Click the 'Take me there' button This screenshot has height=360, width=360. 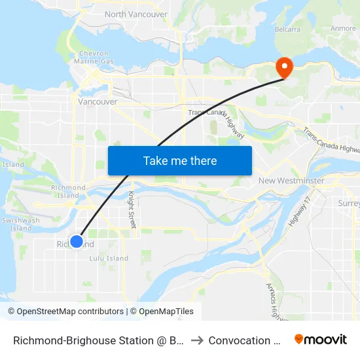(180, 161)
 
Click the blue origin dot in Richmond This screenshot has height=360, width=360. (77, 242)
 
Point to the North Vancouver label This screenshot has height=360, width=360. (135, 14)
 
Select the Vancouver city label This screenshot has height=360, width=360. (98, 101)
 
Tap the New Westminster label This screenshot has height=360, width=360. (291, 181)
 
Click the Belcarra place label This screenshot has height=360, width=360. (287, 29)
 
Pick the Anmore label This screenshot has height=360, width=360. (343, 28)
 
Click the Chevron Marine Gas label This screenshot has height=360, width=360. (97, 57)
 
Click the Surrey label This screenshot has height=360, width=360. (349, 204)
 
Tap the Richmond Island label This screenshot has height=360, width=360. (68, 192)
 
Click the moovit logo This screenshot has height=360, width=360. (320, 340)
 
